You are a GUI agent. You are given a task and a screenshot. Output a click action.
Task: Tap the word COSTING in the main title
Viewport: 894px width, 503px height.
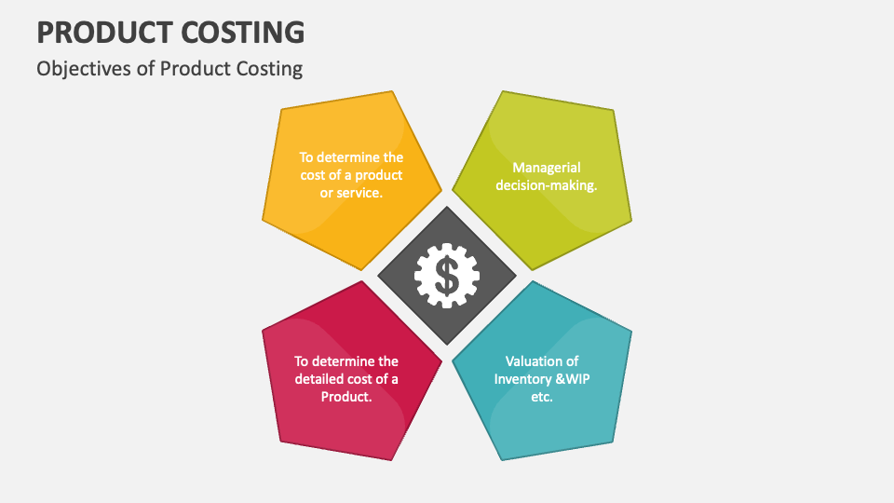250,33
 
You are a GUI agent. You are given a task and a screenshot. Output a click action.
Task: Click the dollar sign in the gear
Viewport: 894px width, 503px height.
447,276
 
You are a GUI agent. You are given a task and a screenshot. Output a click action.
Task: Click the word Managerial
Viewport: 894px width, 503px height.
547,168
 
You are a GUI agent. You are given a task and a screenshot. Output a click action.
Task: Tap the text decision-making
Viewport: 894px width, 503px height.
547,184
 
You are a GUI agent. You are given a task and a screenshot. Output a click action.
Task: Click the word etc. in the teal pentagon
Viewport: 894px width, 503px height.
542,396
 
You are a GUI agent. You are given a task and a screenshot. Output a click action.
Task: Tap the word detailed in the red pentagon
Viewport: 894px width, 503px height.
322,379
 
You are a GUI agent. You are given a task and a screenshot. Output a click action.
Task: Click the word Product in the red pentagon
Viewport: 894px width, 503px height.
345,396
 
